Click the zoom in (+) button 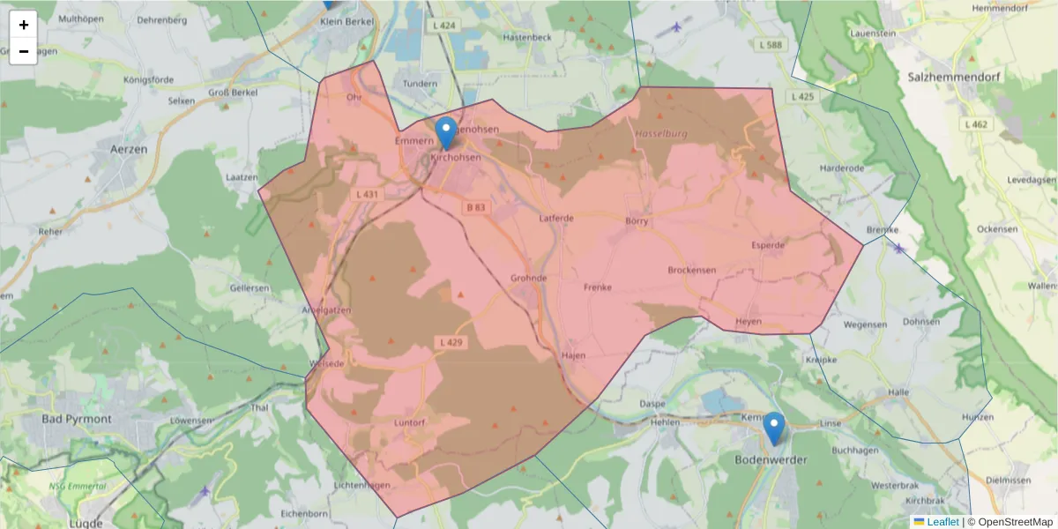click(x=24, y=25)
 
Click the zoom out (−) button click(x=24, y=51)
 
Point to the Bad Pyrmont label click(x=77, y=419)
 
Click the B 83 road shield click(x=475, y=207)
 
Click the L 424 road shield click(x=444, y=26)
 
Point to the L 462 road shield click(x=976, y=124)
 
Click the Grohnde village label click(x=529, y=278)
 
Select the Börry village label click(x=636, y=220)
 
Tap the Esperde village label click(x=768, y=244)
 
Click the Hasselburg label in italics click(x=660, y=134)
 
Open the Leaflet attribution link click(x=942, y=522)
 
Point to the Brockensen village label click(x=692, y=270)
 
